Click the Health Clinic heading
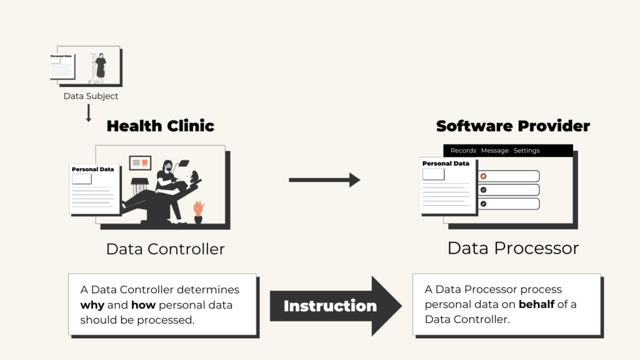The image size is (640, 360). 161,126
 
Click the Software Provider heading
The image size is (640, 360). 513,126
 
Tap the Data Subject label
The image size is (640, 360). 91,96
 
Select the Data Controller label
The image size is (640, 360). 165,249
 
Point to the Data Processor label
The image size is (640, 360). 513,248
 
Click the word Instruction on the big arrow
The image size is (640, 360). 330,306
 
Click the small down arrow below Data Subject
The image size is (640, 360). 89,112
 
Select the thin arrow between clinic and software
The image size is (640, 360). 324,179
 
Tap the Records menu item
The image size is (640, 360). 463,151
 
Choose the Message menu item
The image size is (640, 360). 495,151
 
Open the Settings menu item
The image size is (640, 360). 526,151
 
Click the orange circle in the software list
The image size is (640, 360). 483,176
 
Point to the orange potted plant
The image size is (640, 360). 199,211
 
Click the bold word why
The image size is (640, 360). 92,305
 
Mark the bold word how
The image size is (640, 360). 143,305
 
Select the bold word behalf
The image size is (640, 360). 536,304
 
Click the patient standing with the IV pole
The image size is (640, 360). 100,67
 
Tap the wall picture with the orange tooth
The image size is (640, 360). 140,162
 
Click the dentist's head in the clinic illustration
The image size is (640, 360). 167,166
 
